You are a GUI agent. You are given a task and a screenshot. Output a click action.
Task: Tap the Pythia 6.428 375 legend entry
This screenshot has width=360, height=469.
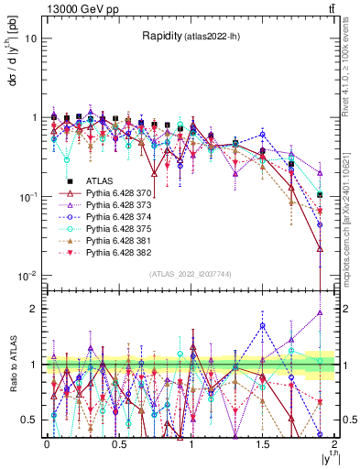pos(119,228)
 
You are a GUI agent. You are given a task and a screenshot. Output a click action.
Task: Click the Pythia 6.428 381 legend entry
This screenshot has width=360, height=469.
pos(119,239)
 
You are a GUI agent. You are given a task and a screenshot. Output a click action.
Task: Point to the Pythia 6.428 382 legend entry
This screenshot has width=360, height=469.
pos(119,251)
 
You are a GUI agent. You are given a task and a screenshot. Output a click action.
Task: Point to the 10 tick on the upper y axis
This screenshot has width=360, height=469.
pos(31,39)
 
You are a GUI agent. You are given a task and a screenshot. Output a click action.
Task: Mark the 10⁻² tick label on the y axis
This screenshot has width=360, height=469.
pos(27,276)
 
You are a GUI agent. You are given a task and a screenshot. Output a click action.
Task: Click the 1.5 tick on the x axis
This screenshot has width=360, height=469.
pos(262,443)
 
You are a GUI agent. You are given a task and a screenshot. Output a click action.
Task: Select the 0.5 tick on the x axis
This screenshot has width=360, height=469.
pos(118,443)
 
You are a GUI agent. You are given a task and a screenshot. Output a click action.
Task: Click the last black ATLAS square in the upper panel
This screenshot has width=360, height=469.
pos(320,194)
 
